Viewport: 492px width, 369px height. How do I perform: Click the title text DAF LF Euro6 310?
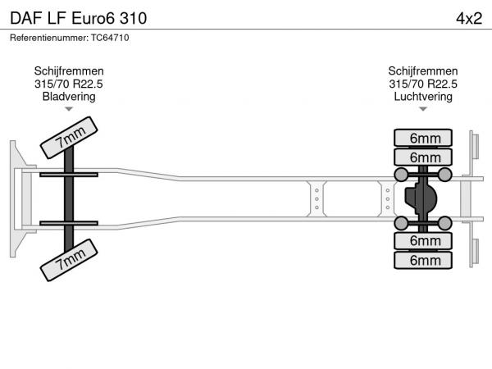[80, 17]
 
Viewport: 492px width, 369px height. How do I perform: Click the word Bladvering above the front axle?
[69, 96]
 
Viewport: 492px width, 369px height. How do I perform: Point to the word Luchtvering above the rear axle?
[423, 96]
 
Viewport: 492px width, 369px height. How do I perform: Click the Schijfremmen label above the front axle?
[69, 71]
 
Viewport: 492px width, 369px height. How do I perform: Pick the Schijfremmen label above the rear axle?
[423, 71]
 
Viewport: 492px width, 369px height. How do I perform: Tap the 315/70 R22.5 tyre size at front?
[69, 84]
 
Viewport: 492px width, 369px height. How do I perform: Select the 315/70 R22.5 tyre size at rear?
[423, 84]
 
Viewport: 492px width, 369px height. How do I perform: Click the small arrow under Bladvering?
[69, 109]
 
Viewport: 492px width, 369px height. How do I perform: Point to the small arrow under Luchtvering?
[423, 109]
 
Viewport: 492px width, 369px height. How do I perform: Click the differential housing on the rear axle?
[420, 198]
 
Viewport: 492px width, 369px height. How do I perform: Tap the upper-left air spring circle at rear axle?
[401, 175]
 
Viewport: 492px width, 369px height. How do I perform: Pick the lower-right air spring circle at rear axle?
[444, 223]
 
